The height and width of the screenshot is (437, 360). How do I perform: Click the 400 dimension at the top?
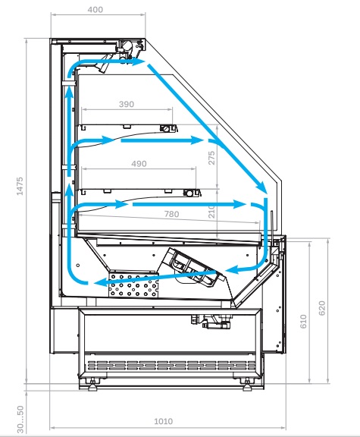tap(95, 10)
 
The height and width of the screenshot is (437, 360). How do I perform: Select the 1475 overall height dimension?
tap(20, 186)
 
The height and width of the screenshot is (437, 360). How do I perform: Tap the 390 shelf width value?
tap(127, 104)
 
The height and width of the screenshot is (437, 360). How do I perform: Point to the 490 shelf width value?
tap(139, 164)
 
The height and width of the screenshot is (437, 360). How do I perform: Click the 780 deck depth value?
tap(171, 214)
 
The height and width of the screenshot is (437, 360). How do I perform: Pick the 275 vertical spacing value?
tap(211, 158)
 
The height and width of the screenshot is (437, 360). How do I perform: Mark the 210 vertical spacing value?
tap(212, 212)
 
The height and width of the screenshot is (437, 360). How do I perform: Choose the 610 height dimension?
tap(303, 322)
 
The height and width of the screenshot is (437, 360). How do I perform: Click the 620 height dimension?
tap(321, 308)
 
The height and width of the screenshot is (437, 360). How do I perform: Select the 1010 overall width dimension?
tap(164, 421)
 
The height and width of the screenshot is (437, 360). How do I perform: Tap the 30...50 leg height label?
tap(20, 419)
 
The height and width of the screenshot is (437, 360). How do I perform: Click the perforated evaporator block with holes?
tap(133, 285)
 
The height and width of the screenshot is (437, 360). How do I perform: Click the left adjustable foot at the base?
tap(92, 385)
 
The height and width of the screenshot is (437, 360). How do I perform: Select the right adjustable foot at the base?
tap(246, 385)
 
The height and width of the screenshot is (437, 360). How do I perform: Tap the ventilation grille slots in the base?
tap(171, 365)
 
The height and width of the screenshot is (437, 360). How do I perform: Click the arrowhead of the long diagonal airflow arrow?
tap(261, 187)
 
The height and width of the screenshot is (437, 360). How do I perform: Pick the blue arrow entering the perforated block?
tap(155, 278)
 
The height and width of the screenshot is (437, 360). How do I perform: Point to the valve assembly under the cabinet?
tap(211, 321)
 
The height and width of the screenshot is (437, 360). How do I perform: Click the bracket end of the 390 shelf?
tap(169, 128)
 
